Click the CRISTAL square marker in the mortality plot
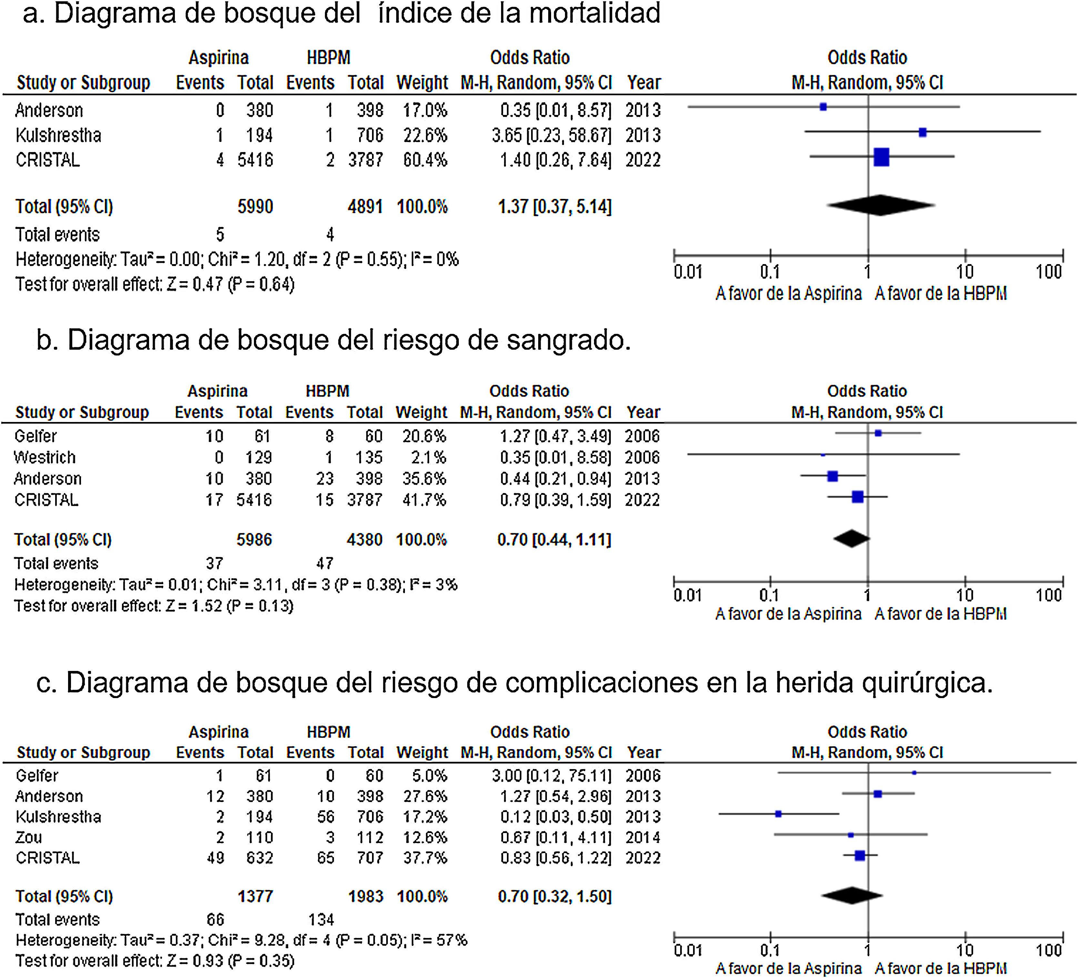coord(881,157)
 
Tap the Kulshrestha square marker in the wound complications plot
coord(779,814)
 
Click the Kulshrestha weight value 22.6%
coord(425,135)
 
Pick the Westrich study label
coord(45,458)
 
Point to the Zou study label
coord(29,837)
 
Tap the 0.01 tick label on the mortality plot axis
coord(688,272)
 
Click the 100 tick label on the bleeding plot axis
coord(1048,595)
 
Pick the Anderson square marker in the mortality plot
coord(823,107)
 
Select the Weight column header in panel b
coord(421,413)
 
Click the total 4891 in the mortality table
coord(365,207)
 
